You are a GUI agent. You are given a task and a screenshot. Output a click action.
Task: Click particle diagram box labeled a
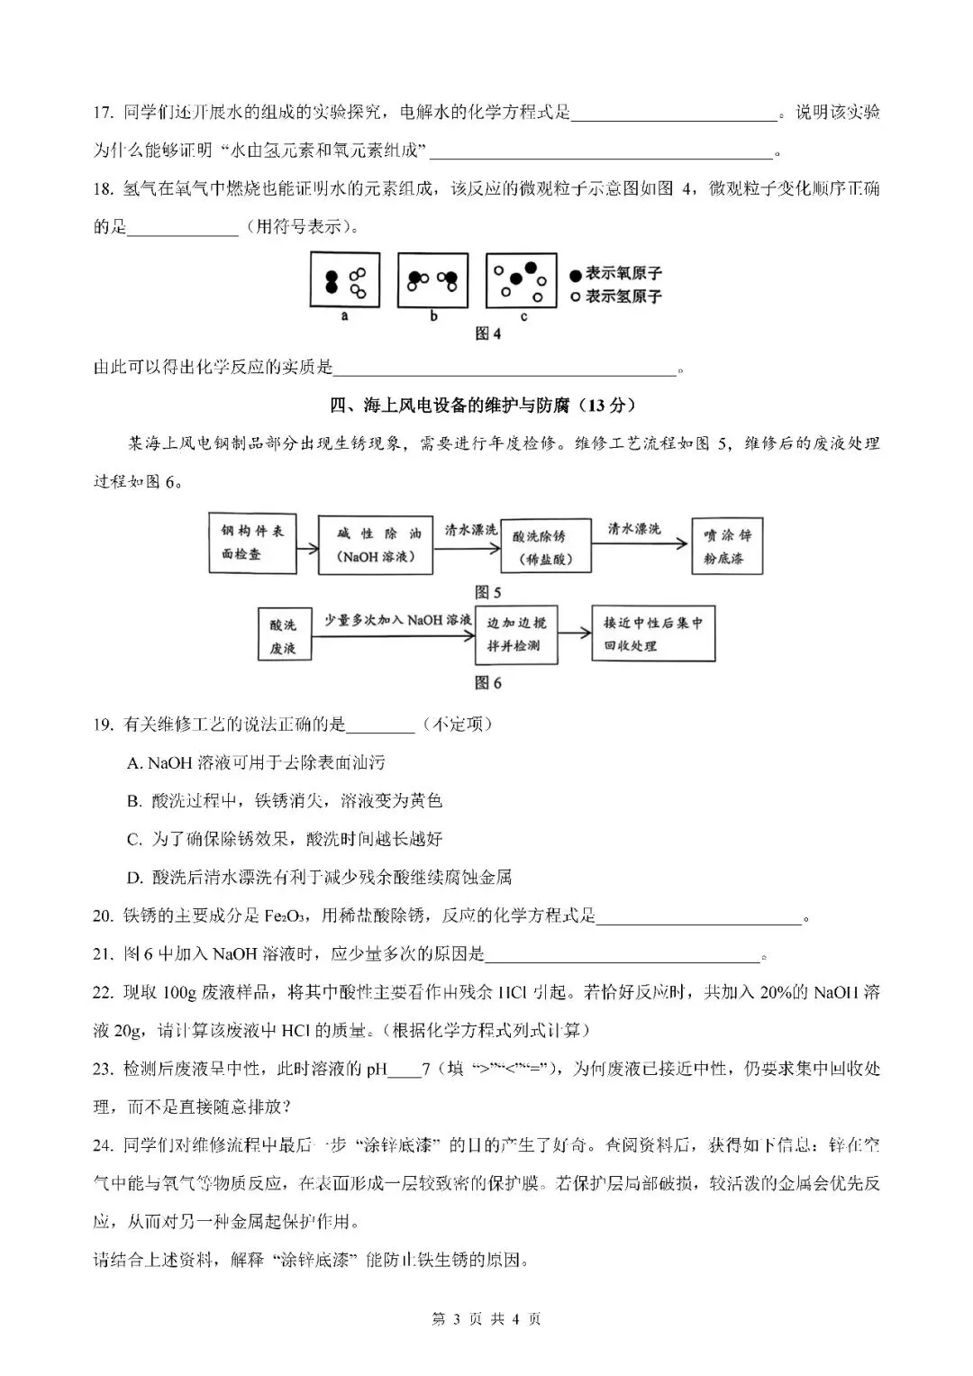click(344, 280)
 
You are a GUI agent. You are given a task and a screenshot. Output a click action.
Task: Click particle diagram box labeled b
click(433, 280)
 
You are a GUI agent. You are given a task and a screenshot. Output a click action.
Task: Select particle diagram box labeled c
click(522, 280)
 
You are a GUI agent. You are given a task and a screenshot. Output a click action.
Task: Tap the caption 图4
click(487, 333)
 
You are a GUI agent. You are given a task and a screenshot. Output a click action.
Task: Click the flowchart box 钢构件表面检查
click(252, 542)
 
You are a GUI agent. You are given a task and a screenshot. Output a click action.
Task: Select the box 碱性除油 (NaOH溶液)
click(376, 545)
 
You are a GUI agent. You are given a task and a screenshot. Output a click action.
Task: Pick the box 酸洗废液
click(283, 636)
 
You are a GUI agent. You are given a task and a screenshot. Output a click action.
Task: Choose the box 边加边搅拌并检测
click(516, 634)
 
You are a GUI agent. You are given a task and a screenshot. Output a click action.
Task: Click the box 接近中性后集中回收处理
click(653, 633)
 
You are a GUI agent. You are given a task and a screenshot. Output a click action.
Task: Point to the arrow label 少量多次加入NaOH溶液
click(397, 620)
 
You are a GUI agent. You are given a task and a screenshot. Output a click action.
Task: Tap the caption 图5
click(487, 592)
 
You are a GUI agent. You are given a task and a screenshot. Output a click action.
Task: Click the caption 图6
click(487, 683)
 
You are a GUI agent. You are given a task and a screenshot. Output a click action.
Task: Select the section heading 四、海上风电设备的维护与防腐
click(487, 406)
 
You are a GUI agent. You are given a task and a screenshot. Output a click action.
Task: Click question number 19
click(103, 724)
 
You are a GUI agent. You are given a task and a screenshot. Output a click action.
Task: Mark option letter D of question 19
click(135, 878)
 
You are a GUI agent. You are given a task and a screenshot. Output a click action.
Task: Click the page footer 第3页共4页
click(486, 1319)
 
